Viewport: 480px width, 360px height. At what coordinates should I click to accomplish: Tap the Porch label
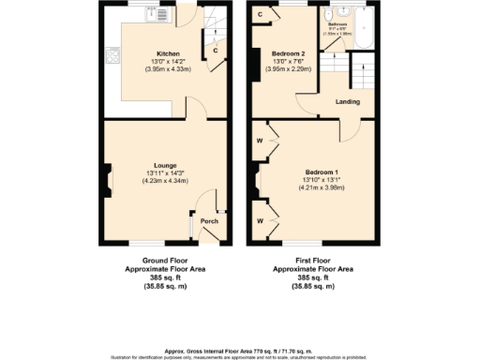tap(209, 221)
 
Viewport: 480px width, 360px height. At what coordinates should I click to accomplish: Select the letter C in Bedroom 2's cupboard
tap(259, 15)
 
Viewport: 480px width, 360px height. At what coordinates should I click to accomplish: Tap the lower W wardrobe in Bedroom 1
tap(259, 220)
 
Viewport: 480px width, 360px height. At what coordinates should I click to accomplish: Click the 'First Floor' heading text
tap(314, 261)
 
